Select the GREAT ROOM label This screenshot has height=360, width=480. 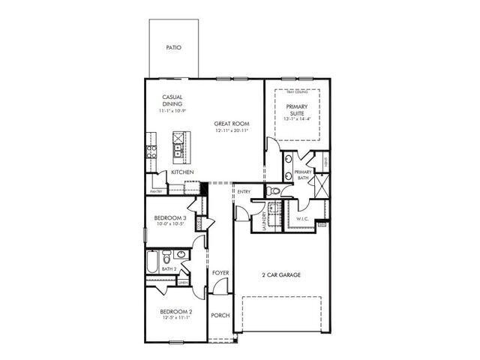[x=231, y=124]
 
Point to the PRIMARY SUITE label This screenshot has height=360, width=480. [x=296, y=110]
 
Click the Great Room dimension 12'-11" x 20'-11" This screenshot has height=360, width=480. [x=231, y=131]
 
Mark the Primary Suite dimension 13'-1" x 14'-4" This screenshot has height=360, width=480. [x=296, y=118]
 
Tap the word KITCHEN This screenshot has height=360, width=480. [x=182, y=172]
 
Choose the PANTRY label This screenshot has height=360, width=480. [x=156, y=191]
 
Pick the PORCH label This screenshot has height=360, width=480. [x=220, y=316]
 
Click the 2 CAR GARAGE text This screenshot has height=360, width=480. [x=281, y=275]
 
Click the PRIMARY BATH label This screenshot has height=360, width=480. [x=303, y=175]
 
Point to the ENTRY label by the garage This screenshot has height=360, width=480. [x=244, y=192]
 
